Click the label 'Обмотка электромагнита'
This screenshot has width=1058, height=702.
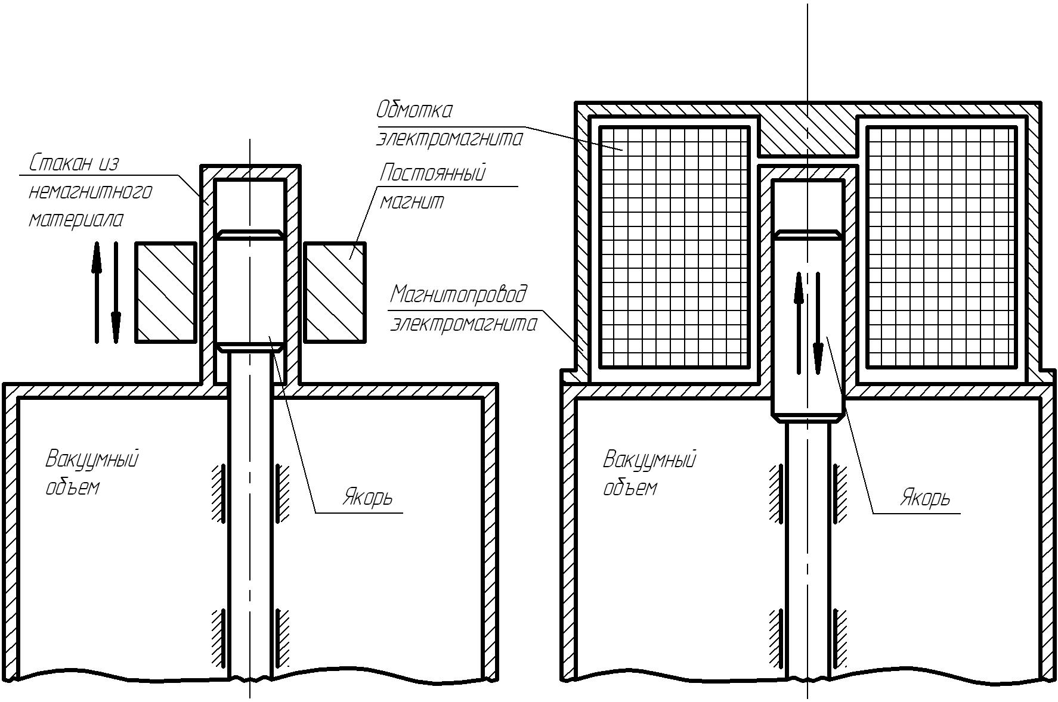(x=448, y=125)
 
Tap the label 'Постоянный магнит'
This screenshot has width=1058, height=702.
(x=432, y=187)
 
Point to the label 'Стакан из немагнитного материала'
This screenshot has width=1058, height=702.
(x=89, y=191)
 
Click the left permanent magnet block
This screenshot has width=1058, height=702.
(x=166, y=292)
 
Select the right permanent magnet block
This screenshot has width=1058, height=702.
(x=335, y=292)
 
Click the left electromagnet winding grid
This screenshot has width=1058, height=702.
(x=674, y=247)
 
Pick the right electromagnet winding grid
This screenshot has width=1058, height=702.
(x=941, y=247)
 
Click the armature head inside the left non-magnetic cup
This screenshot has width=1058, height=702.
(x=249, y=289)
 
